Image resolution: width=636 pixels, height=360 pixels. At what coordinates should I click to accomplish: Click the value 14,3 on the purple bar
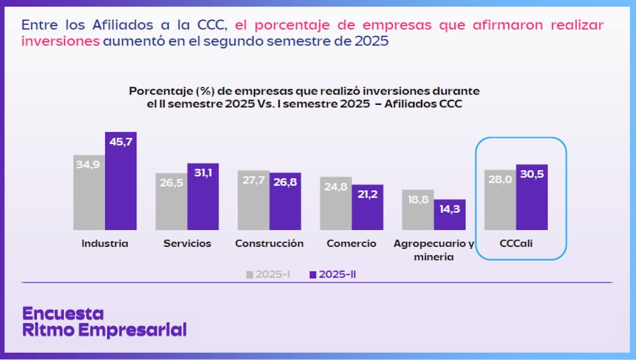[x=450, y=210]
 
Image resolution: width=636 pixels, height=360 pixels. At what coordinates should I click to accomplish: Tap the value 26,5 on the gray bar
[x=171, y=182]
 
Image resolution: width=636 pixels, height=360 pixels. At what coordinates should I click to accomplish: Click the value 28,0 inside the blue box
[x=500, y=179]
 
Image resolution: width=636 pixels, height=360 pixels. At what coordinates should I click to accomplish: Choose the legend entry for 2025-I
[x=268, y=275]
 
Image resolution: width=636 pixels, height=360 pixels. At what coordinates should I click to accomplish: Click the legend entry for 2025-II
[x=332, y=275]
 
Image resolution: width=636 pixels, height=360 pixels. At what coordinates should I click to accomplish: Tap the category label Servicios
[x=187, y=244]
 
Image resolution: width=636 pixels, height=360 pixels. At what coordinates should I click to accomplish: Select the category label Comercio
[x=351, y=244]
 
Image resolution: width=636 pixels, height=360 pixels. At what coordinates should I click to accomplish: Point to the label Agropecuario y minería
[x=434, y=250]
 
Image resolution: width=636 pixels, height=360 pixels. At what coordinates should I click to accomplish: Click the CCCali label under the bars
[x=516, y=244]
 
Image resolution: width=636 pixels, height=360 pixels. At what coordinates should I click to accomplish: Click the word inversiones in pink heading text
[x=61, y=41]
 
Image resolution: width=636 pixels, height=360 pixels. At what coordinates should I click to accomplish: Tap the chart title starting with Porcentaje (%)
[x=304, y=98]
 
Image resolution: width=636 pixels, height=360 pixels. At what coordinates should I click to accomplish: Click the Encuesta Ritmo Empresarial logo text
[x=104, y=322]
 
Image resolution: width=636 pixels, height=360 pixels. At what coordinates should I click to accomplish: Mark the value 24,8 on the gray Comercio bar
[x=336, y=187]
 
